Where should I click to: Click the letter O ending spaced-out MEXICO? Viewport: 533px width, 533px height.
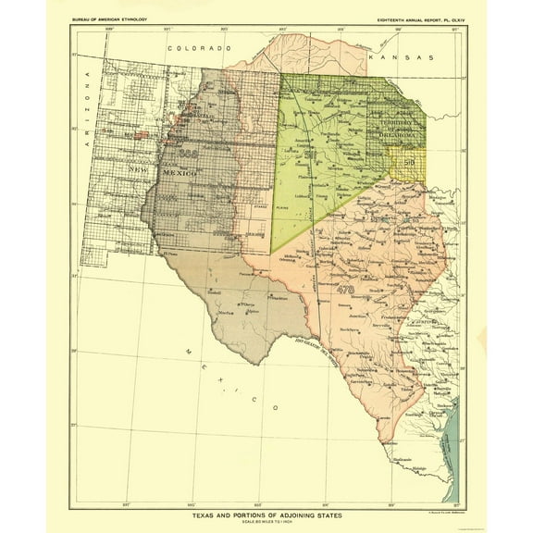coord(275,408)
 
